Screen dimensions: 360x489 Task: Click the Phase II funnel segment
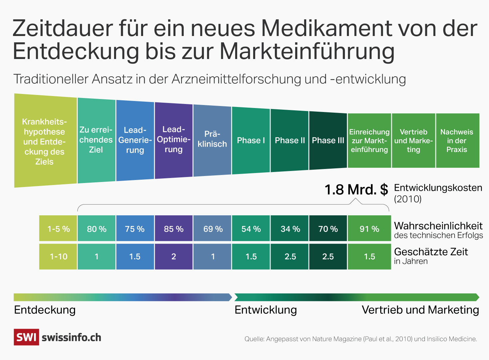pos(290,140)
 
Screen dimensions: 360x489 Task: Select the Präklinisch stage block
pos(212,139)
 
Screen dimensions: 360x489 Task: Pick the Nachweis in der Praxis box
pos(457,141)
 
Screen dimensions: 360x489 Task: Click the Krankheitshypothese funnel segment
pos(45,141)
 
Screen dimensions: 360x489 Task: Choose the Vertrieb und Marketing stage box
pos(413,141)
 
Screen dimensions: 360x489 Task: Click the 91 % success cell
pos(369,229)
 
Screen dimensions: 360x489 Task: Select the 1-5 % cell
pos(58,229)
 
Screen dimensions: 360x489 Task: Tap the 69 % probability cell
pos(212,229)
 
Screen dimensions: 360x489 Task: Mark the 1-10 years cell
pos(58,256)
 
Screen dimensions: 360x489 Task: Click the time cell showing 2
pos(173,256)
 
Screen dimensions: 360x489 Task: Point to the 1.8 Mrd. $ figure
pos(356,190)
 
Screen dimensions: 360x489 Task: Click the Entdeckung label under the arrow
pos(45,310)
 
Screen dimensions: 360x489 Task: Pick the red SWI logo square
pos(26,337)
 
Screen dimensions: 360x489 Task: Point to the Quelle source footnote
pos(360,339)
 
